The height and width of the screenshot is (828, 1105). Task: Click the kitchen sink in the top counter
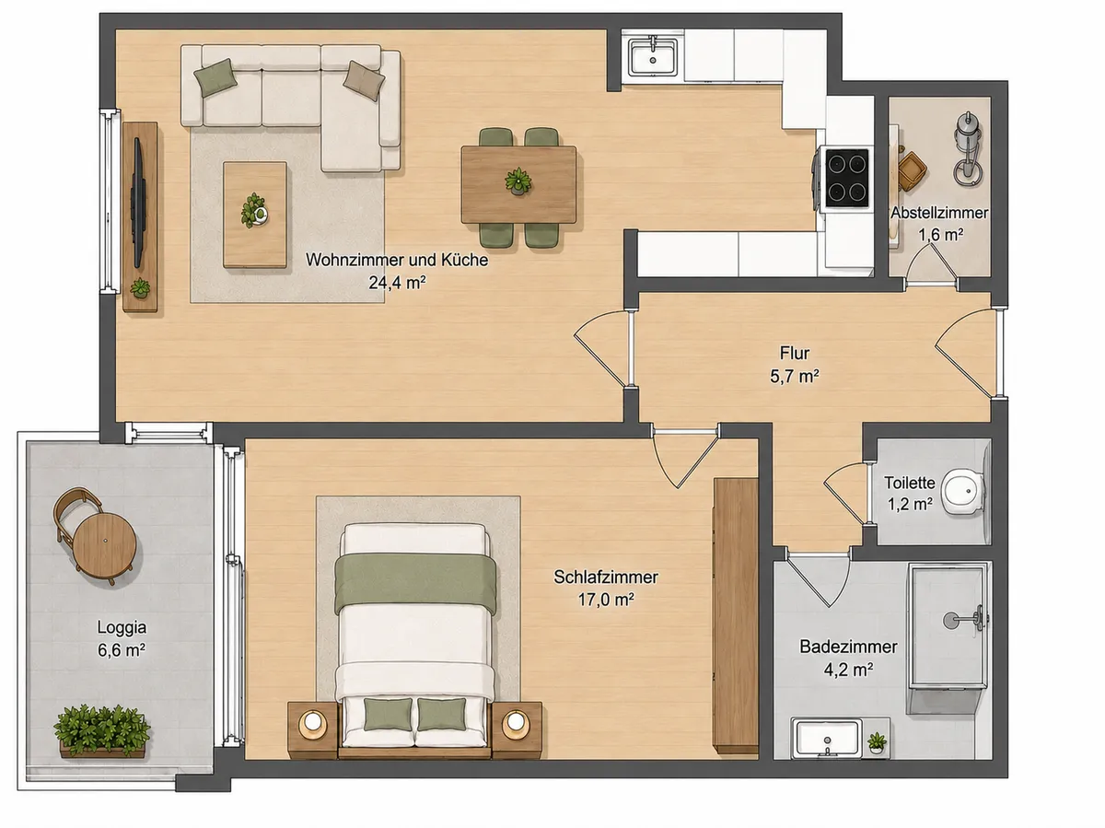(x=653, y=55)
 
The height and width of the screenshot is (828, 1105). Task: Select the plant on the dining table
(x=518, y=181)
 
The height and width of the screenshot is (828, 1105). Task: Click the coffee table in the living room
(x=255, y=215)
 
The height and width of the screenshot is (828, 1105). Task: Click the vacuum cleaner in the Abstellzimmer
(x=967, y=148)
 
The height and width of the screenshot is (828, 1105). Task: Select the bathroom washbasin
(x=826, y=738)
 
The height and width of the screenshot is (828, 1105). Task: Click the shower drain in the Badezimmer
(x=949, y=620)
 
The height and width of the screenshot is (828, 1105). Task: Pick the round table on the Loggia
(x=104, y=545)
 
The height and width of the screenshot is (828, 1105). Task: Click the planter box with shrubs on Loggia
(x=102, y=731)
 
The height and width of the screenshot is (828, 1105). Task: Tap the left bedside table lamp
(x=312, y=723)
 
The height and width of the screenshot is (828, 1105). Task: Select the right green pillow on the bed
(x=441, y=714)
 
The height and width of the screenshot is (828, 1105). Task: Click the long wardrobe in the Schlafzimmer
(x=736, y=615)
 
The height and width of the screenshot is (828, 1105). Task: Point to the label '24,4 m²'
(x=397, y=283)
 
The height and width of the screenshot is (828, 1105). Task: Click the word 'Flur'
(x=795, y=353)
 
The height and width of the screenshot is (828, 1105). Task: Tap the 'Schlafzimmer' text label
(x=606, y=577)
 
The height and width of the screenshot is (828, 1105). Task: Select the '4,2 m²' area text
(x=848, y=670)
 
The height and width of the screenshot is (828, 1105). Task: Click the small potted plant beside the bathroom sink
(x=877, y=743)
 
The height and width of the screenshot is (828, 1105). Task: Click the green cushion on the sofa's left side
(x=215, y=77)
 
